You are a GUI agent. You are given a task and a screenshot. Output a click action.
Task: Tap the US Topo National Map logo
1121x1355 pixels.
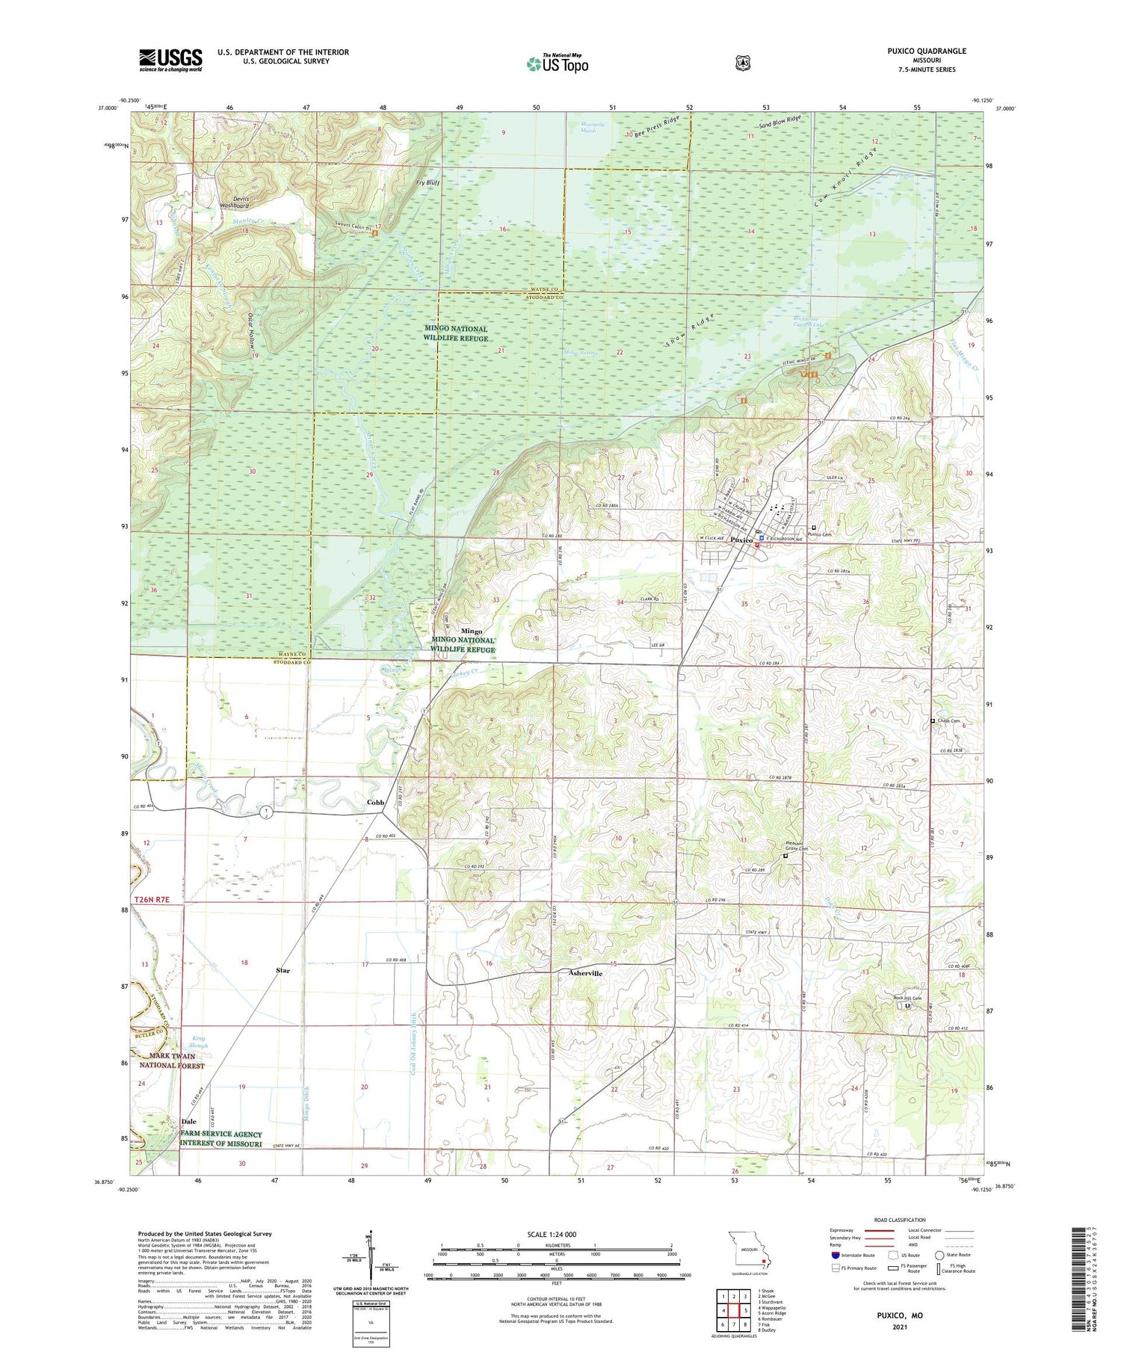tap(557, 63)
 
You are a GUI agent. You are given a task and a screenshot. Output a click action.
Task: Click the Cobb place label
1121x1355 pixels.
tap(375, 802)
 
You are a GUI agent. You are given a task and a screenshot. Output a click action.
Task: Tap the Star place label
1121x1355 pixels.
tap(282, 970)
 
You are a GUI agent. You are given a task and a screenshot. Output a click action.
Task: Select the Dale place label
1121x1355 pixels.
tap(188, 1121)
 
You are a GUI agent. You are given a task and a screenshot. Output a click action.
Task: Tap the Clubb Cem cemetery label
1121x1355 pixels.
tap(948, 720)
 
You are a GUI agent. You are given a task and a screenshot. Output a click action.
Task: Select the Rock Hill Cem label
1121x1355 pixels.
tap(907, 998)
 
